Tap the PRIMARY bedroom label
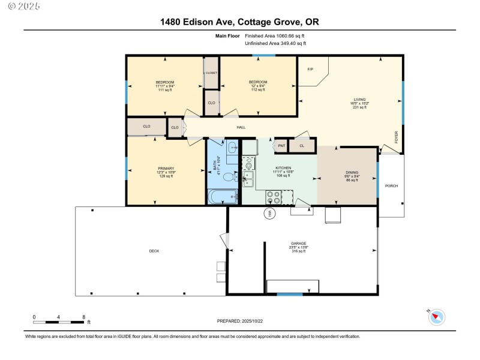166,169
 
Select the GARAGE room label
299,244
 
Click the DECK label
154,251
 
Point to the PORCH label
392,186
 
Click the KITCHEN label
283,168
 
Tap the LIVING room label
359,100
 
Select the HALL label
241,127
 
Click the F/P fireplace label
310,70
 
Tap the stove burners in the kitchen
273,196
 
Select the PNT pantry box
281,145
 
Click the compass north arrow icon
437,316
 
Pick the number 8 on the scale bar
84,317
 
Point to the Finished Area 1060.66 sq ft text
275,36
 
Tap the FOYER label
396,137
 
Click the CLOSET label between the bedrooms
211,73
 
